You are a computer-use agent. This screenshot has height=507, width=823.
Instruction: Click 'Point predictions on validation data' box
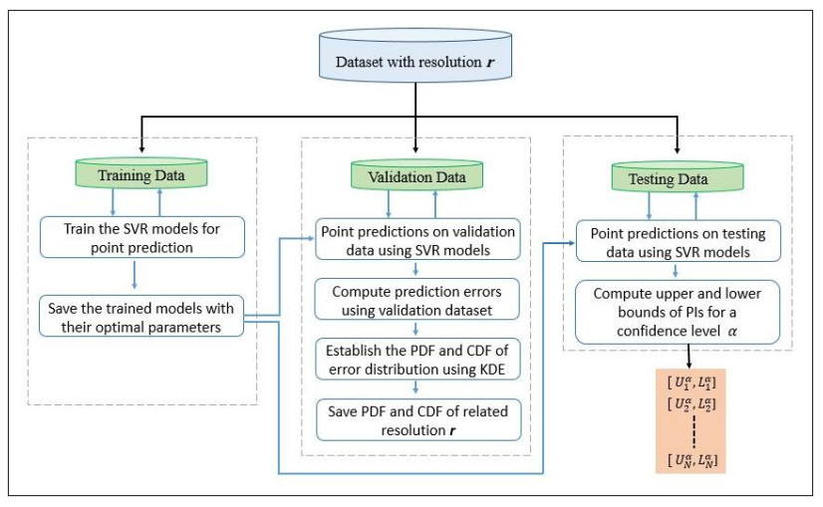pyautogui.click(x=417, y=239)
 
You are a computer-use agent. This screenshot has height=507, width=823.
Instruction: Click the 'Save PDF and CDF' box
pyautogui.click(x=417, y=418)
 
